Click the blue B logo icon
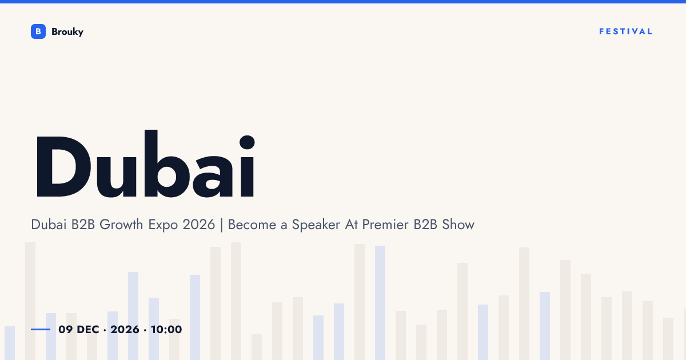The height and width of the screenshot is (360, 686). click(x=38, y=31)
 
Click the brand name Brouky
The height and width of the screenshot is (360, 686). click(x=67, y=32)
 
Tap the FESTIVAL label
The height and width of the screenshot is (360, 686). click(x=625, y=31)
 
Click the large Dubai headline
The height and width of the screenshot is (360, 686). click(x=145, y=163)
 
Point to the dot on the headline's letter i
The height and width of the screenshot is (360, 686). click(x=247, y=142)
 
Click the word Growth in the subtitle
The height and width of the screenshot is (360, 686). click(x=121, y=225)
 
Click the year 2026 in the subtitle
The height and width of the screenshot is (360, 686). click(x=199, y=225)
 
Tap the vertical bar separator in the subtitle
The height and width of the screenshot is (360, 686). click(x=221, y=225)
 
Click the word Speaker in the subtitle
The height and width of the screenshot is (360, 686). click(x=316, y=225)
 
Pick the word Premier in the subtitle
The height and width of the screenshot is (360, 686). click(x=385, y=225)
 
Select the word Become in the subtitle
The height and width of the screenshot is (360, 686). click(x=252, y=225)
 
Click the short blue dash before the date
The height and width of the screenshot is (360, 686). click(x=41, y=329)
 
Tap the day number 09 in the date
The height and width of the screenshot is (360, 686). click(x=66, y=329)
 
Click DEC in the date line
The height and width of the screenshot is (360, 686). click(x=88, y=329)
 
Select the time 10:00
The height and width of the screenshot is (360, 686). click(x=166, y=329)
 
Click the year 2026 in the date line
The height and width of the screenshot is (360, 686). click(x=125, y=329)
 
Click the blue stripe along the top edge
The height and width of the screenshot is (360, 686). click(x=343, y=2)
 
